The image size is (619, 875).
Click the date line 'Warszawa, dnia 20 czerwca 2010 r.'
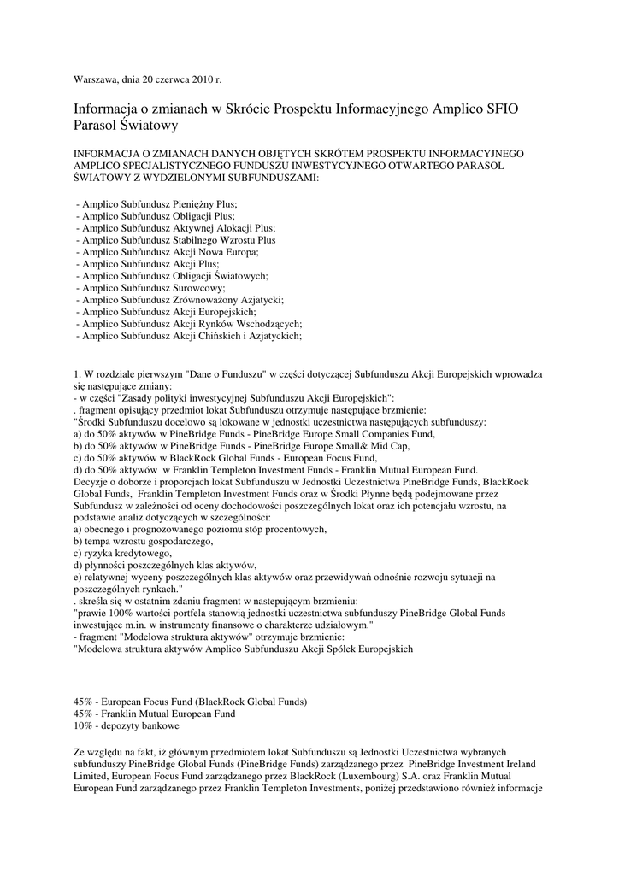click(147, 79)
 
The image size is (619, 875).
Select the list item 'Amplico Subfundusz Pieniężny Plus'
click(156, 205)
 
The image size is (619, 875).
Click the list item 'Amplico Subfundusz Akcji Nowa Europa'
click(167, 253)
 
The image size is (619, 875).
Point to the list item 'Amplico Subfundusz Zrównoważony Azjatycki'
click(180, 301)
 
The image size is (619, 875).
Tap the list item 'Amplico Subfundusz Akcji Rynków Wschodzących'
click(188, 325)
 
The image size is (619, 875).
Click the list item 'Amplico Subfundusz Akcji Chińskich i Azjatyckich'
click(188, 337)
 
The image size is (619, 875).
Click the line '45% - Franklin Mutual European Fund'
click(154, 714)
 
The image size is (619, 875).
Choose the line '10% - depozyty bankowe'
click(127, 725)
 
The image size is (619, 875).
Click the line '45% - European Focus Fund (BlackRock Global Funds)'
click(190, 702)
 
